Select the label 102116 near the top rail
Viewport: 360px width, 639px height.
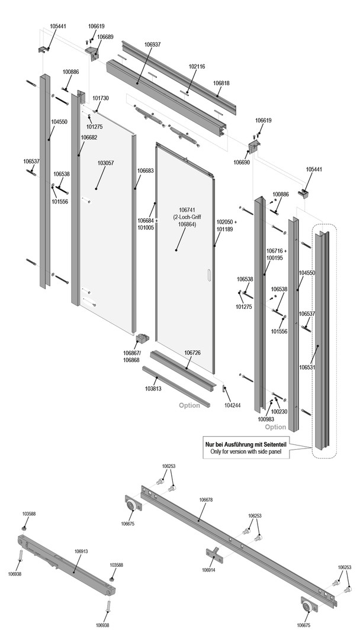(x=197, y=66)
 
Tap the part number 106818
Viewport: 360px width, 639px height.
(x=222, y=83)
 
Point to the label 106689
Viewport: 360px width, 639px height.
(x=105, y=37)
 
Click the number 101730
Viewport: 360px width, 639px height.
(x=101, y=98)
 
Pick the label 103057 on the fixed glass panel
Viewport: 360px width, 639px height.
(x=105, y=162)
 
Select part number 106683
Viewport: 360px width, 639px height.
(x=146, y=170)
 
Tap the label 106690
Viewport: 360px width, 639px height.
(x=241, y=162)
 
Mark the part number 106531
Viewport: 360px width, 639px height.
(x=307, y=367)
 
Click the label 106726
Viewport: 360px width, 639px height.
(x=192, y=353)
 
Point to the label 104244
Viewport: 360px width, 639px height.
(x=233, y=408)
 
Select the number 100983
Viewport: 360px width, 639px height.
(x=266, y=419)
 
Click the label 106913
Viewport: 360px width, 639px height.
(x=81, y=551)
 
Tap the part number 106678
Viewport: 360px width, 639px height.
(x=206, y=500)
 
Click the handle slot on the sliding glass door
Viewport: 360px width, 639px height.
(x=208, y=275)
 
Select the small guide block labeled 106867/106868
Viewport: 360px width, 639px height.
(x=143, y=340)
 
